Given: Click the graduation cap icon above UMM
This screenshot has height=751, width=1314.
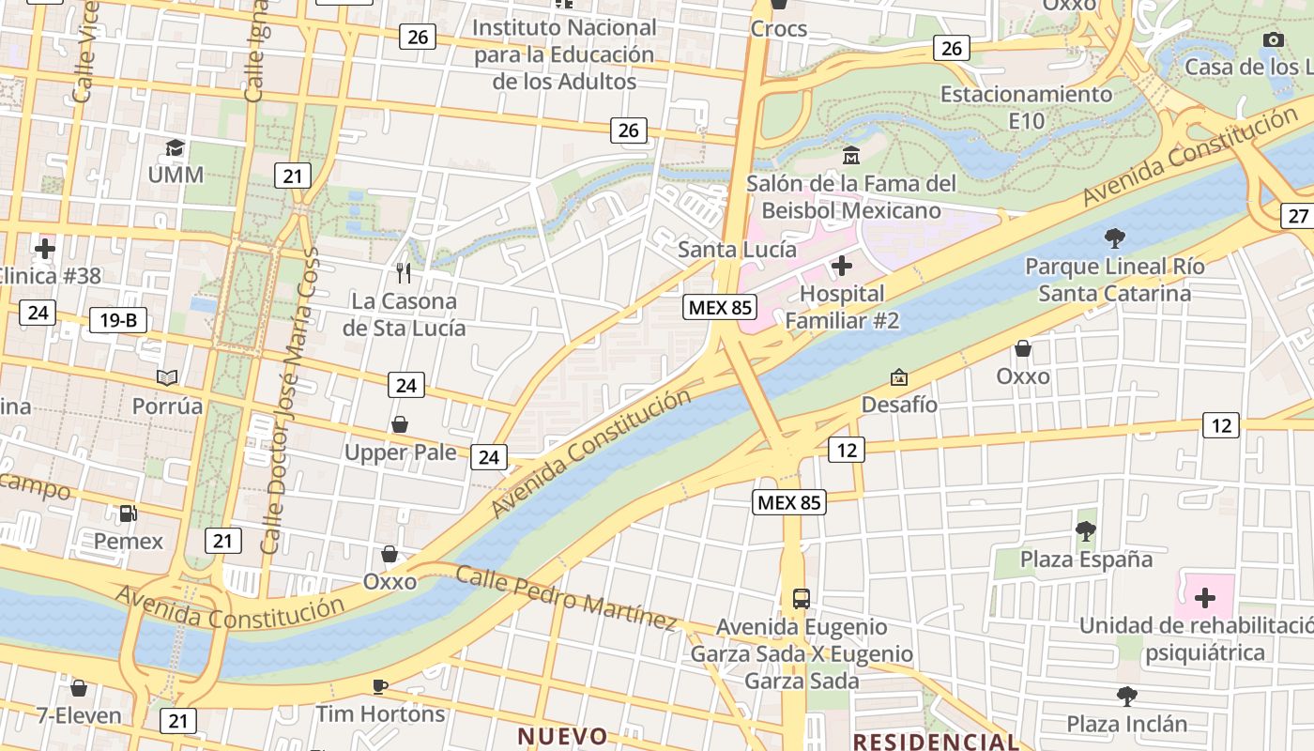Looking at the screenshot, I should (x=176, y=148).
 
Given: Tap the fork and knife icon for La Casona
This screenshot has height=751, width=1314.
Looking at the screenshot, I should (x=404, y=273).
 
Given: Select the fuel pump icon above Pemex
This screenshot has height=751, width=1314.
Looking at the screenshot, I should (x=128, y=513).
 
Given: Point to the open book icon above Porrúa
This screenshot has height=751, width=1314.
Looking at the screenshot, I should (x=167, y=377).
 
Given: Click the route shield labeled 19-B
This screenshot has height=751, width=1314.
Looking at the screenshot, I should (x=118, y=320).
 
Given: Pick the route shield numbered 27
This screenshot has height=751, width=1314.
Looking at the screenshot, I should (x=1298, y=216).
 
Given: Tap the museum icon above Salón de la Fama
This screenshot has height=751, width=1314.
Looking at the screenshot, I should (x=851, y=155).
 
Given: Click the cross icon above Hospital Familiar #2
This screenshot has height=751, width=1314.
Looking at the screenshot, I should (x=842, y=267).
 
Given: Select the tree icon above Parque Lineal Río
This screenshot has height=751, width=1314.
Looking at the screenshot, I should (x=1114, y=238).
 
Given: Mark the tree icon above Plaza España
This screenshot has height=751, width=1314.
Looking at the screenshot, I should (x=1086, y=531).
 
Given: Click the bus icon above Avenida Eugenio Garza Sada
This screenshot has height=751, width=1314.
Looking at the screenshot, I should (x=802, y=598).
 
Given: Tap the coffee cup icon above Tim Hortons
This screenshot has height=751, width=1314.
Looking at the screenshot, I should (x=380, y=686).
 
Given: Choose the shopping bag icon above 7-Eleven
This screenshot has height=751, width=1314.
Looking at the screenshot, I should (x=80, y=688).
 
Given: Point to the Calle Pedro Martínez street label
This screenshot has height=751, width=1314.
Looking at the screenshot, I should (x=566, y=597).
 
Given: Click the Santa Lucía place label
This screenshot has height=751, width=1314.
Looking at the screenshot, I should (x=737, y=250).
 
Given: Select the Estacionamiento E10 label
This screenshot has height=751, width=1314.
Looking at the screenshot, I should (x=1026, y=107).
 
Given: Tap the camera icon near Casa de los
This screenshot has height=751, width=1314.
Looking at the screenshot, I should (x=1274, y=39).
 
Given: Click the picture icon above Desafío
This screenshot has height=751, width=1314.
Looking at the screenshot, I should (x=899, y=377).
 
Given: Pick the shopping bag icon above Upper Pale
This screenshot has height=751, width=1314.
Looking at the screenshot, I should (x=400, y=424).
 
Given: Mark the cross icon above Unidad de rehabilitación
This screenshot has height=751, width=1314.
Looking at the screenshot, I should (x=1205, y=598).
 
